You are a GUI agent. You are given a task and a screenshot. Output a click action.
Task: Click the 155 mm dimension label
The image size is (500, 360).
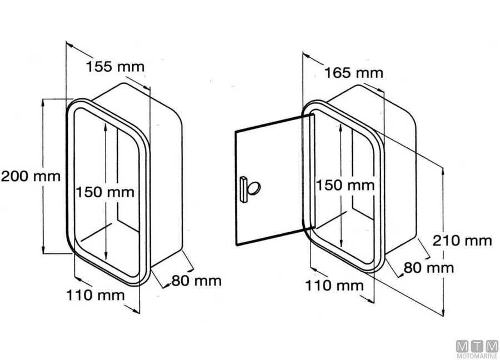[x=115, y=67]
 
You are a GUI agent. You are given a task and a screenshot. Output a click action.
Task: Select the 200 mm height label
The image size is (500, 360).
[x=30, y=177]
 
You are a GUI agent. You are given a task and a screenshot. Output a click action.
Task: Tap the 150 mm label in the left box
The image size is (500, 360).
[x=105, y=192]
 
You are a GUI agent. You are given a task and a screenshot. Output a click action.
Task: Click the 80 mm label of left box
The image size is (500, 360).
[x=196, y=281]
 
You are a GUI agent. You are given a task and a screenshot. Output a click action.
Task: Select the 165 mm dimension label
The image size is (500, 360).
[x=354, y=73]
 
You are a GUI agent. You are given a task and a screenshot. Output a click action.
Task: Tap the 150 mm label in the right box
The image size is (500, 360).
[x=345, y=185]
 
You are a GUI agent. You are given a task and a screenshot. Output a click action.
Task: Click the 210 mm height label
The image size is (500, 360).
[x=462, y=241]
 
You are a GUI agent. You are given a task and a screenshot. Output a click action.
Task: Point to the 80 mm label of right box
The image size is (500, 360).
[x=429, y=268]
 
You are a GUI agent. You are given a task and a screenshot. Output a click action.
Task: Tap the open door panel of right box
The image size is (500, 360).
[x=272, y=167]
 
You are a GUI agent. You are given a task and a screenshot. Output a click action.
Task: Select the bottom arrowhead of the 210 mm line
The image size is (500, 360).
[x=443, y=312]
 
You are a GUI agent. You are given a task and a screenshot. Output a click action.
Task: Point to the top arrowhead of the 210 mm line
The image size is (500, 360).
[x=443, y=169]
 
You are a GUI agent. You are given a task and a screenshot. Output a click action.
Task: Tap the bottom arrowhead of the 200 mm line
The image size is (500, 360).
[x=43, y=251]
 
